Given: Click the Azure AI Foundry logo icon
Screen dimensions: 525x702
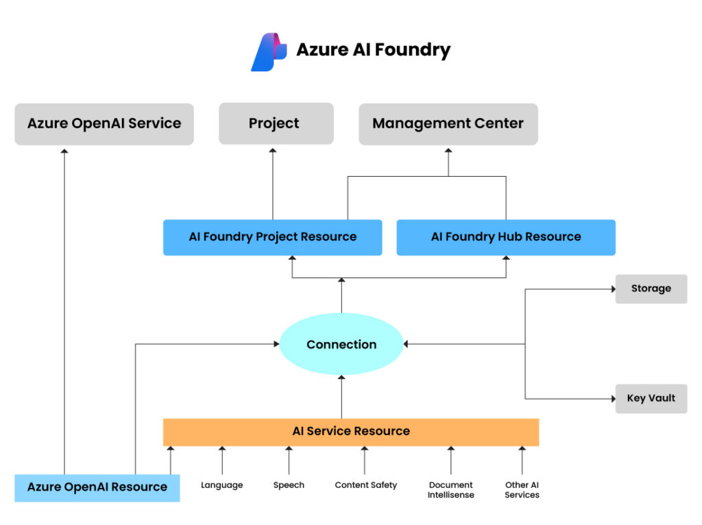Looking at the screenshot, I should (x=268, y=51).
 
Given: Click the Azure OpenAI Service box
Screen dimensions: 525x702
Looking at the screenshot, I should (x=104, y=124).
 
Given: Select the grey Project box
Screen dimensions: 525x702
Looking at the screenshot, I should (x=276, y=124).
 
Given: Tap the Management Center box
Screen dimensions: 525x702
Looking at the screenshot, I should (x=448, y=124).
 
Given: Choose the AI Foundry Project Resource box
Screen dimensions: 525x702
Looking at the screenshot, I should (x=272, y=237).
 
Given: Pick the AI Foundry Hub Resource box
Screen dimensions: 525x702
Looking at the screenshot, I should (x=506, y=237).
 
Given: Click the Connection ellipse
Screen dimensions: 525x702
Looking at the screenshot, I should (x=341, y=344).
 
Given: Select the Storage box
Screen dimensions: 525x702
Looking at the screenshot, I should (x=651, y=289).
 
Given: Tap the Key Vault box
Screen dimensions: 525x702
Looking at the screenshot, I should (x=651, y=398).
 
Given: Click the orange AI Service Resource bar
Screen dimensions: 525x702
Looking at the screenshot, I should (x=351, y=432).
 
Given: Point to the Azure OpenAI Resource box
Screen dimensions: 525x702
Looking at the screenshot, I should (x=97, y=487).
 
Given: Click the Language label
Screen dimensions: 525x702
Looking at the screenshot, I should (x=221, y=485).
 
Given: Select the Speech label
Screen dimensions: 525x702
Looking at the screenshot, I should (x=289, y=485).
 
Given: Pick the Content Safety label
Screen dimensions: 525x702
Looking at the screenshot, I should (x=365, y=485).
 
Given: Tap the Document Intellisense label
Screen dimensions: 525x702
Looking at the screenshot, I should (x=450, y=490).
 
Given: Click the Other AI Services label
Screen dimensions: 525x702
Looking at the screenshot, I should (x=522, y=490).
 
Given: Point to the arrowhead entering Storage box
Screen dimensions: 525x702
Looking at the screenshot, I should (x=612, y=289).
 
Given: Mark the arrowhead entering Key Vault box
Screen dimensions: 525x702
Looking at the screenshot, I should (x=612, y=398).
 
